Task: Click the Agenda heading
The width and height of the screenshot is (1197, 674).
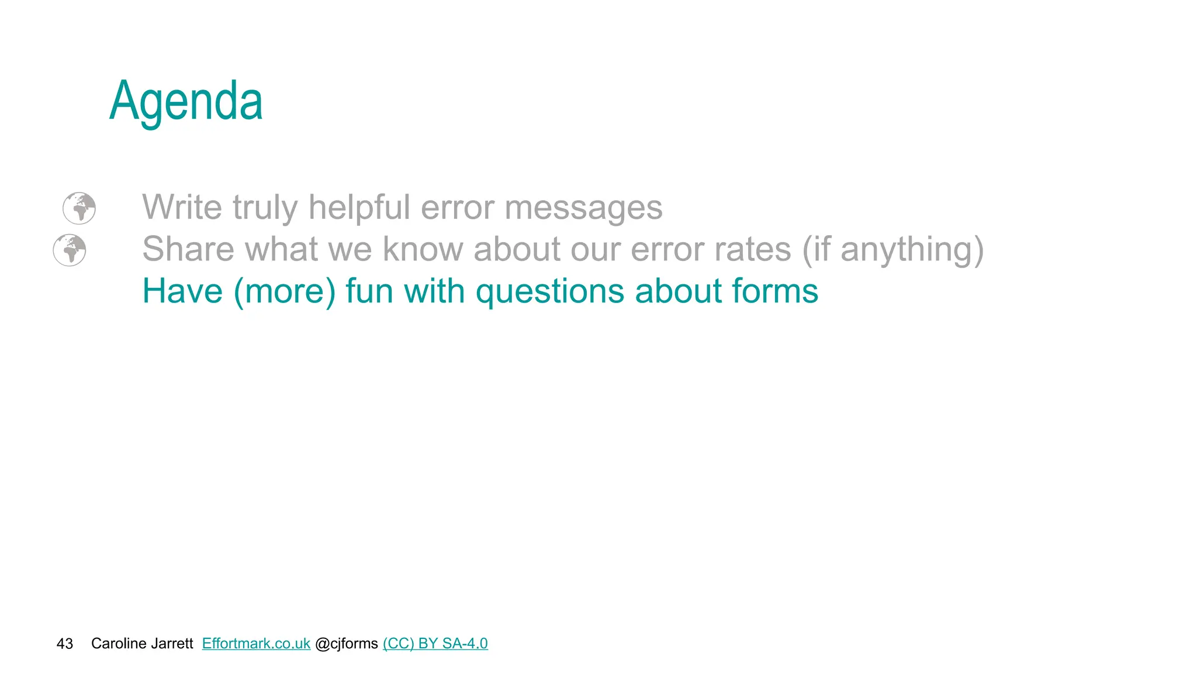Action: [186, 102]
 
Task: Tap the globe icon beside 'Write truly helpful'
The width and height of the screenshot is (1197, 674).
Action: [79, 208]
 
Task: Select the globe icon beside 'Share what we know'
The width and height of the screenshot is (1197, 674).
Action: [70, 250]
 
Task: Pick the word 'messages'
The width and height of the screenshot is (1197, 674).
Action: [583, 208]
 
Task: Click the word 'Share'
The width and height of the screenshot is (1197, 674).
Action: [188, 249]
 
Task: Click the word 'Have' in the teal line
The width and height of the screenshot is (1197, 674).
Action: [182, 291]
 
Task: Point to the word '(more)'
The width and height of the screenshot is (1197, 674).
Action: [285, 292]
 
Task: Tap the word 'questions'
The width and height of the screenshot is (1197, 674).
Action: [549, 292]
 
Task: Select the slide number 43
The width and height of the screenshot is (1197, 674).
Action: [64, 644]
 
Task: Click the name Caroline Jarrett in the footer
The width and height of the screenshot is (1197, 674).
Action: [142, 644]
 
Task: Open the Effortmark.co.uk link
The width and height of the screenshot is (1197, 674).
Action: [256, 644]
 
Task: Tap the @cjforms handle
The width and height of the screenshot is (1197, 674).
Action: [346, 644]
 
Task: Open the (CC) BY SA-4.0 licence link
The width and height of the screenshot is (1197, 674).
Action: [435, 644]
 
